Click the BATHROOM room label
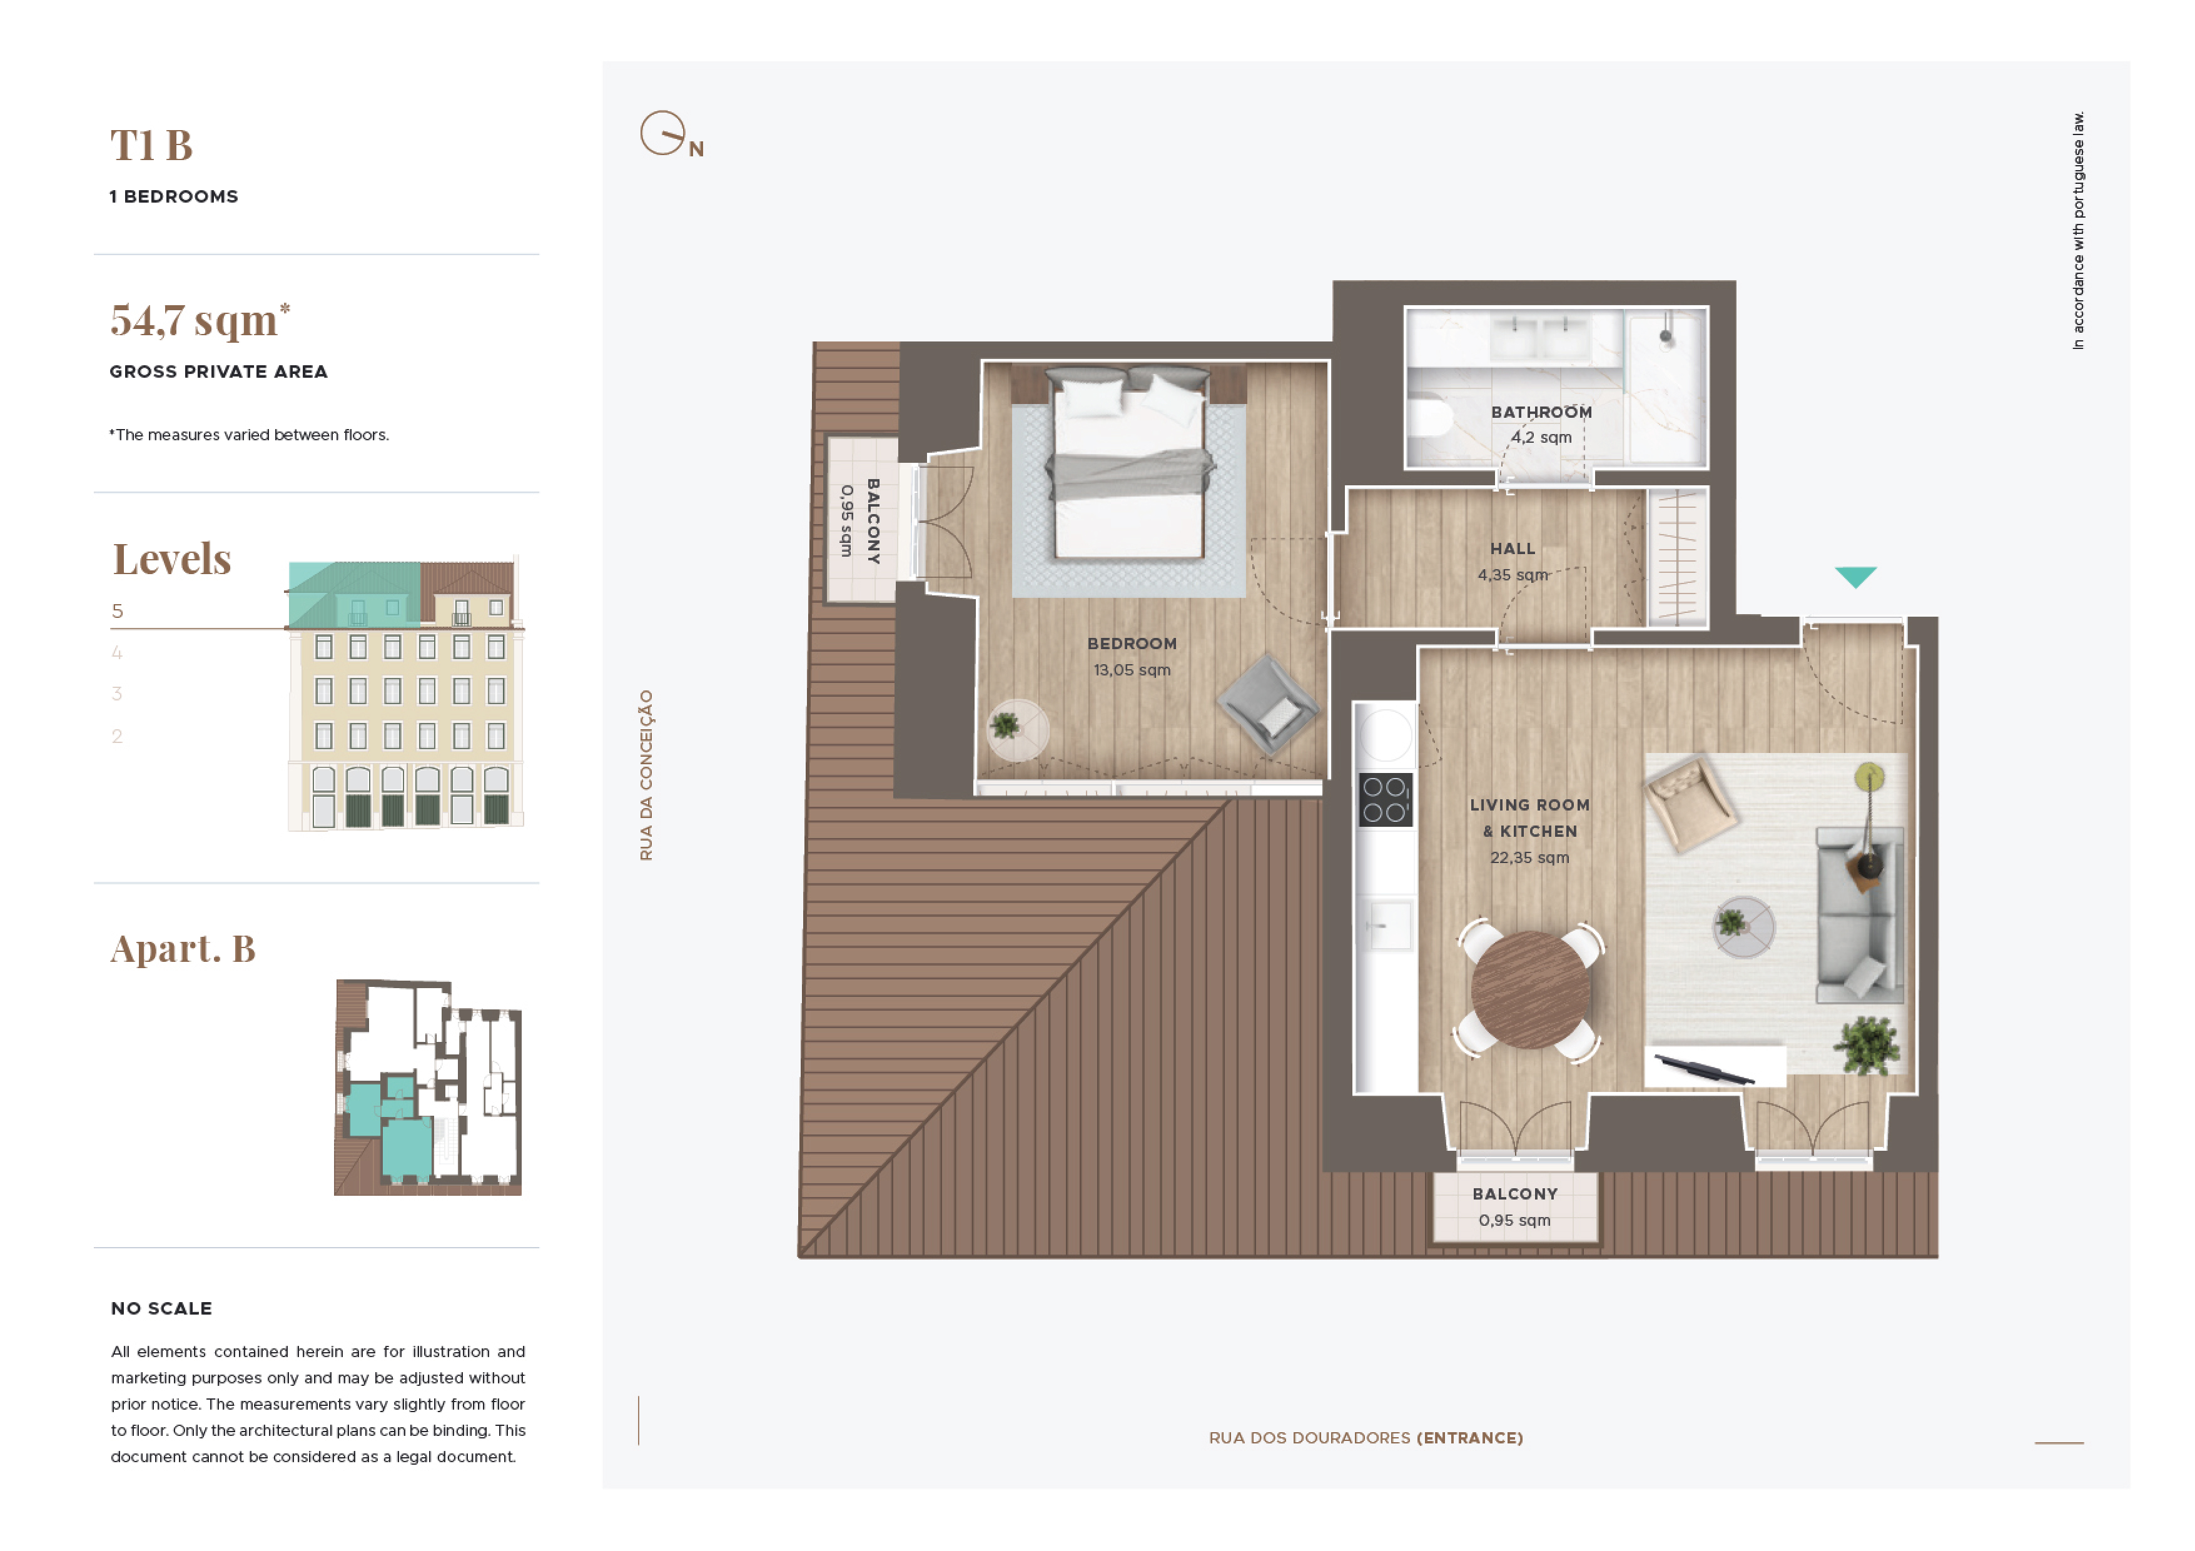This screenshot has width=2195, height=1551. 1541,412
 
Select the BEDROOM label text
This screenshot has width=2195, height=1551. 1132,644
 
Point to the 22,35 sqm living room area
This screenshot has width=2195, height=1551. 1529,857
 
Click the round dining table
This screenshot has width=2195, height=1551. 1531,990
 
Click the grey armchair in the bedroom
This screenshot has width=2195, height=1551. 1268,704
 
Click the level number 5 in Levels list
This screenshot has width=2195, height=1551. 118,610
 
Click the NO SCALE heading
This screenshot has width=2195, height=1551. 161,1308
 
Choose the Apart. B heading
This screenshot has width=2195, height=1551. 183,948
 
